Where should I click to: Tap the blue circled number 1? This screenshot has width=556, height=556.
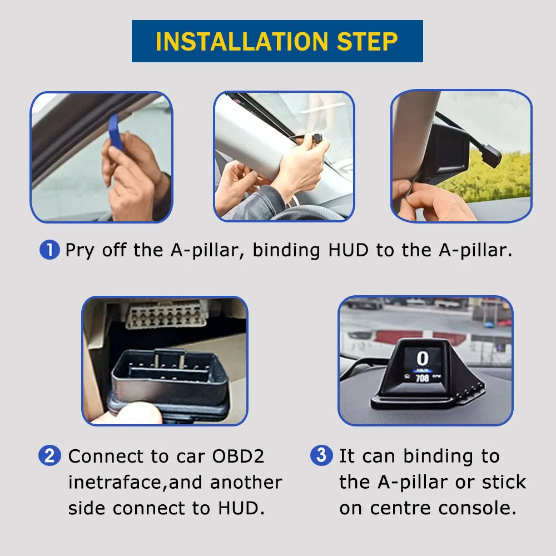(49, 250)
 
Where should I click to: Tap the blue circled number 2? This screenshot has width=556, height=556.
(49, 456)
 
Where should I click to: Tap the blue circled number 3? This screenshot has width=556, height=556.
(321, 456)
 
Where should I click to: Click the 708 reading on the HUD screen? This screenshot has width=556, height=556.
(423, 378)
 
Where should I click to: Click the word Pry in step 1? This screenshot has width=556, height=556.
(80, 250)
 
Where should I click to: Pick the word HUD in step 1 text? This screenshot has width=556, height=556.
(348, 250)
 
